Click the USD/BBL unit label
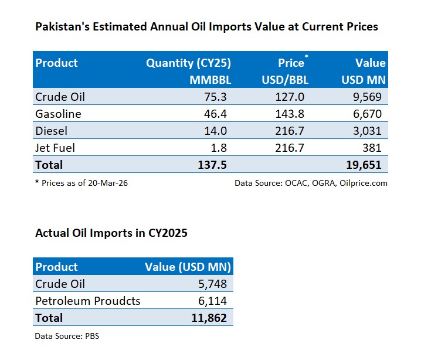(285, 79)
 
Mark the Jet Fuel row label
(55, 148)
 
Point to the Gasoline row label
(58, 114)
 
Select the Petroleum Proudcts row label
(88, 301)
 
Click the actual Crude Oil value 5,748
(212, 284)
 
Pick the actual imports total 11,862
(208, 318)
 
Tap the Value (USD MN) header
(188, 267)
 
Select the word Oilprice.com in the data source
(364, 183)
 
